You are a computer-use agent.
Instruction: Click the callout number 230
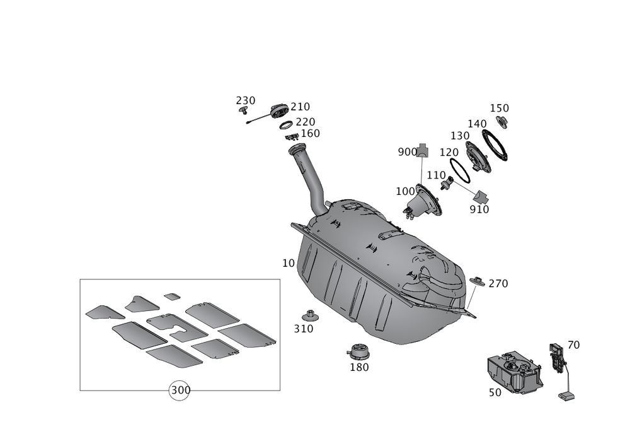(x=246, y=100)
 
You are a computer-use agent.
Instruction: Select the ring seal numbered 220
(x=285, y=126)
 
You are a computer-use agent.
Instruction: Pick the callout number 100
(x=405, y=191)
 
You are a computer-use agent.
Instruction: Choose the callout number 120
(x=449, y=153)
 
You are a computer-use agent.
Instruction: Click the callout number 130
(x=461, y=136)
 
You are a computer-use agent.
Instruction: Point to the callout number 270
(x=498, y=284)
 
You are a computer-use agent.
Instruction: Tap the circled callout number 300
(x=180, y=390)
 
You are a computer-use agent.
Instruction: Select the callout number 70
(x=573, y=345)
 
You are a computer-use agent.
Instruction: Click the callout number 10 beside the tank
(x=289, y=264)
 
